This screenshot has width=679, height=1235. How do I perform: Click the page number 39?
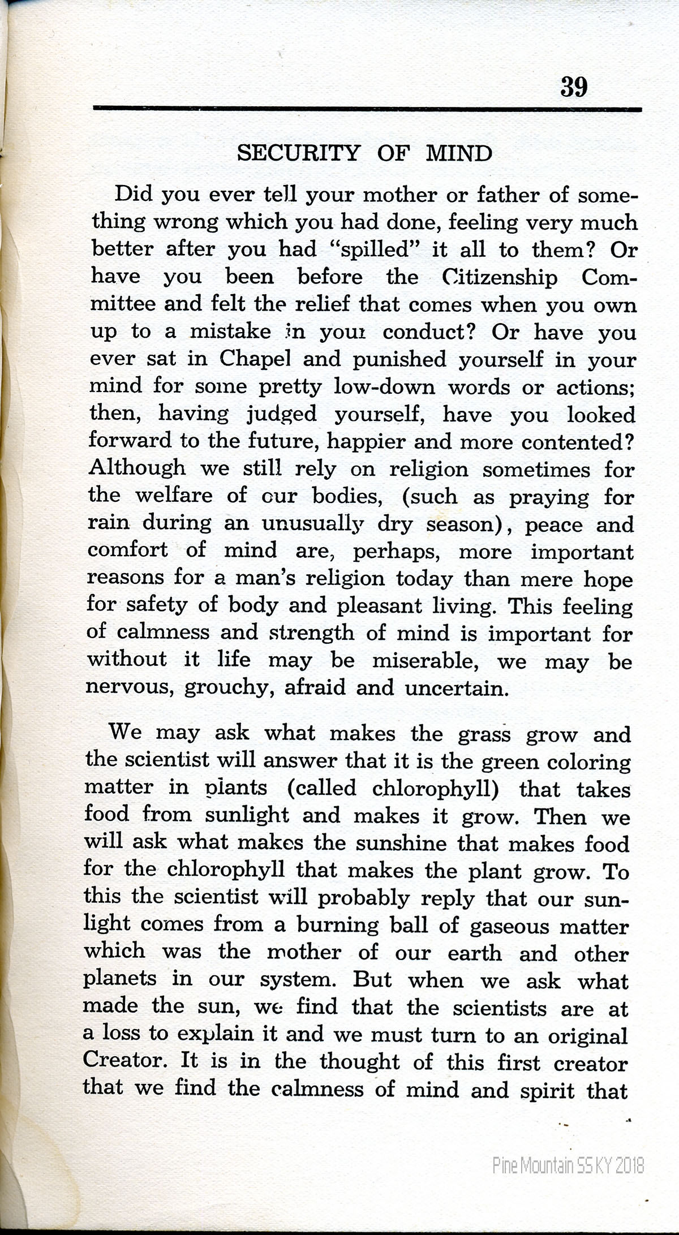click(x=574, y=87)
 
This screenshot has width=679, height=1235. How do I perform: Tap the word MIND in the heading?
click(x=458, y=153)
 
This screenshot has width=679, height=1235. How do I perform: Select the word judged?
click(x=282, y=415)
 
